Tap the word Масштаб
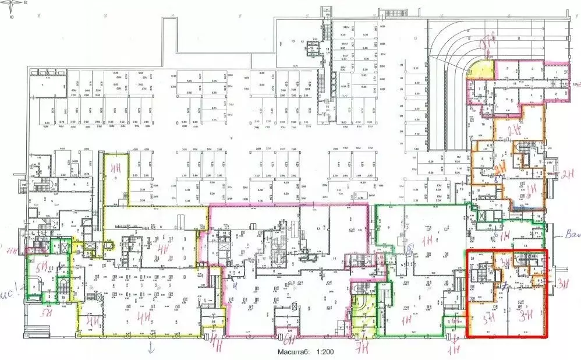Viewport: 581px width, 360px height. (293, 352)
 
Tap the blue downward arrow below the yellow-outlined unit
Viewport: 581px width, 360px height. (151, 348)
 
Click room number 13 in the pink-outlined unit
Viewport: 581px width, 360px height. (318, 229)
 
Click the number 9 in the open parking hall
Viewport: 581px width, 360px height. (231, 138)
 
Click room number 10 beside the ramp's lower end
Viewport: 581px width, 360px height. (483, 124)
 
